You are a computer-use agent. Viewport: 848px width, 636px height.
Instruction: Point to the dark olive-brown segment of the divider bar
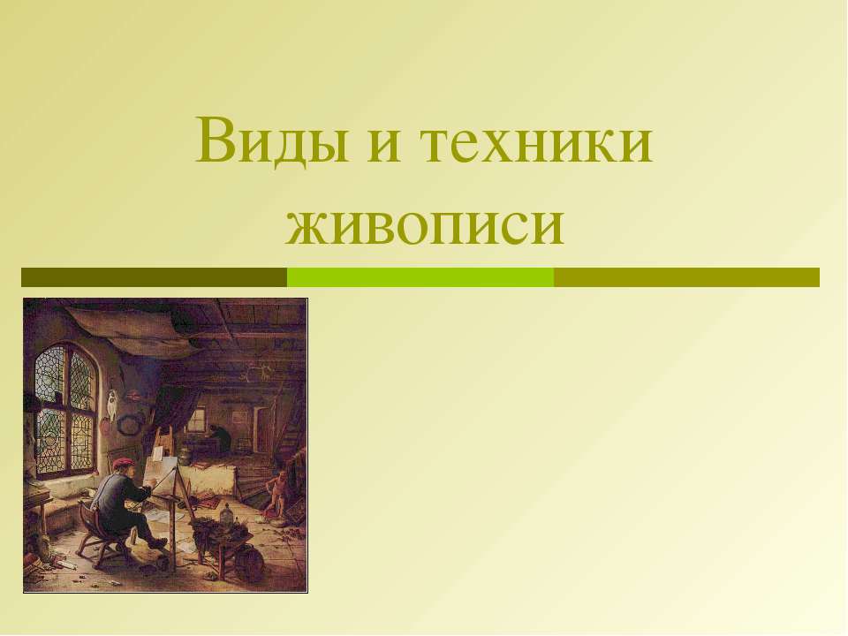pyautogui.click(x=154, y=277)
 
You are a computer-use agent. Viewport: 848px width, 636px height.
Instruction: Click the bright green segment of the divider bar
pyautogui.click(x=420, y=277)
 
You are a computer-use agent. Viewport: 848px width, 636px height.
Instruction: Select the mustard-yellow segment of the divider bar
pyautogui.click(x=686, y=277)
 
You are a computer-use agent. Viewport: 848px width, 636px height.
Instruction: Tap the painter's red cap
pyautogui.click(x=123, y=465)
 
